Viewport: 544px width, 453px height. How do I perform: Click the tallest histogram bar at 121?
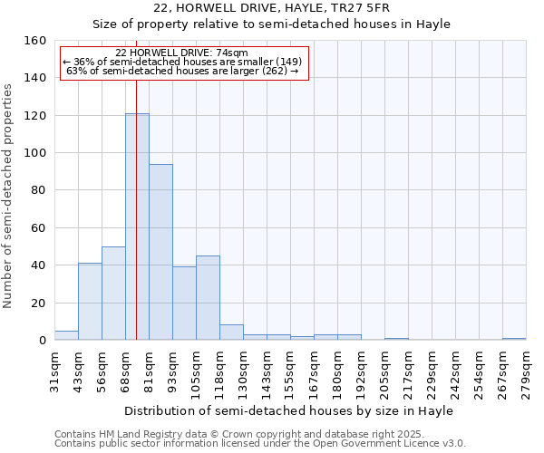[137, 226]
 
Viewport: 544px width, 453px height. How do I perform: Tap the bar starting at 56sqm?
[113, 294]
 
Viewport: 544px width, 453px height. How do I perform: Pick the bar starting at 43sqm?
[90, 302]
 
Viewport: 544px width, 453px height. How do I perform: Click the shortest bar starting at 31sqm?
[66, 335]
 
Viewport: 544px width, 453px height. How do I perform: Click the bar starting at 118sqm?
[231, 333]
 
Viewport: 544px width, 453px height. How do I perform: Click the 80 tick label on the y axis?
[39, 190]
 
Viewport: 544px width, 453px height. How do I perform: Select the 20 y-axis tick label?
[39, 304]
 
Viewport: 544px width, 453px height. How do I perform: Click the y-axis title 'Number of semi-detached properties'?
[9, 190]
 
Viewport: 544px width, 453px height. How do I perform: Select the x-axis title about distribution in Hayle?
[288, 410]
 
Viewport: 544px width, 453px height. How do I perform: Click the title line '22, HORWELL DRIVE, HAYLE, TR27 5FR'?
[272, 8]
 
